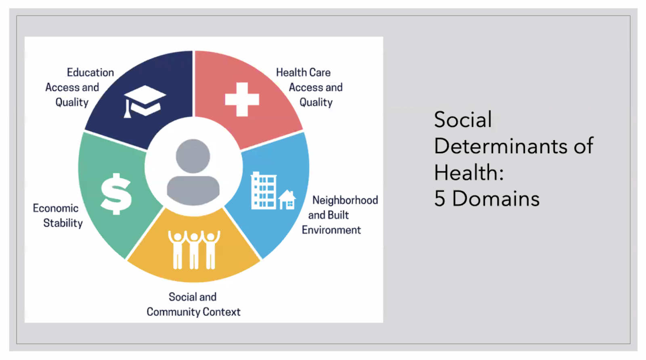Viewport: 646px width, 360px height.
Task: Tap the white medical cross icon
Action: [x=242, y=100]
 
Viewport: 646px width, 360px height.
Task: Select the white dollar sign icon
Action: [x=116, y=194]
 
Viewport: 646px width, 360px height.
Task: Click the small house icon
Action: [x=287, y=200]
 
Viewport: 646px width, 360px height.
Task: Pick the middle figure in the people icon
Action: [x=194, y=250]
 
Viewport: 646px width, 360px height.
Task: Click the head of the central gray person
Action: [x=193, y=156]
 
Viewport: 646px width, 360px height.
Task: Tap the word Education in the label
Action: [x=90, y=72]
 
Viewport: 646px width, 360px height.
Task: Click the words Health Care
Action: [x=303, y=72]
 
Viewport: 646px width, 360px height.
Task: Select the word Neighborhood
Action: [x=345, y=200]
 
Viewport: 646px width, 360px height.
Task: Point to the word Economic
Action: [x=56, y=208]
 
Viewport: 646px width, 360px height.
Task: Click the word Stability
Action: [x=63, y=223]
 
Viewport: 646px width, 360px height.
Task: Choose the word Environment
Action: [x=331, y=230]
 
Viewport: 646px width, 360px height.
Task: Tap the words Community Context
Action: [x=193, y=312]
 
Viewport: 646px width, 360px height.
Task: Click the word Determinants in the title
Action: [x=501, y=146]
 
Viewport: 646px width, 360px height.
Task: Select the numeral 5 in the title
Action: [x=440, y=199]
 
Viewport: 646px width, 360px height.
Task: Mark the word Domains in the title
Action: [x=496, y=199]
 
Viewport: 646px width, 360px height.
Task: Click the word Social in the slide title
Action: [x=463, y=120]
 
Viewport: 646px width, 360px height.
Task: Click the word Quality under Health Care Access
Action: [x=316, y=103]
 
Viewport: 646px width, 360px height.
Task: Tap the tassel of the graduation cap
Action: [x=127, y=109]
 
